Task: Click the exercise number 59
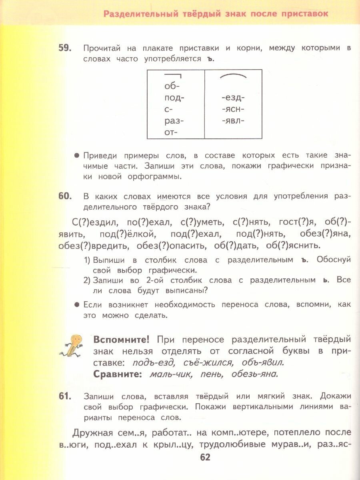[x=65, y=48]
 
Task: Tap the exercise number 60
[x=65, y=196]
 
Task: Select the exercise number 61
[x=65, y=396]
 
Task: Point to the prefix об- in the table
[x=172, y=86]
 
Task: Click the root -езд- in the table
[x=233, y=98]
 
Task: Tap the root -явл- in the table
[x=233, y=120]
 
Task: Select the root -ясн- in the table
[x=233, y=109]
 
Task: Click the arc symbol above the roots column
[x=233, y=76]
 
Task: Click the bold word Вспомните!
[x=121, y=340]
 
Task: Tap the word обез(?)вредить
[x=93, y=245]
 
